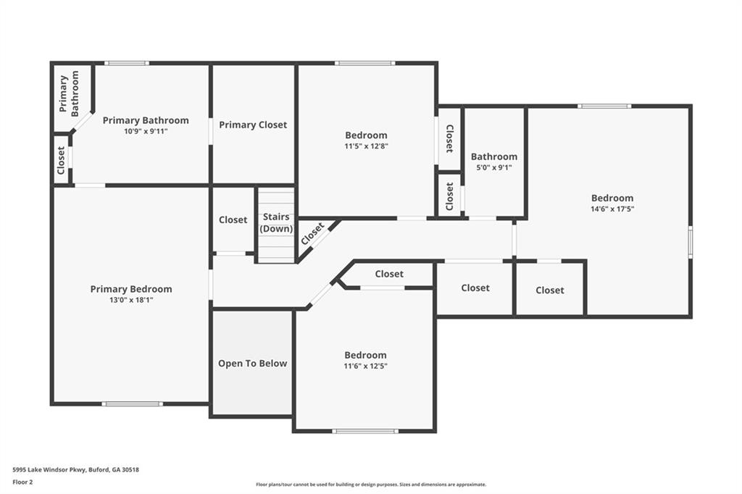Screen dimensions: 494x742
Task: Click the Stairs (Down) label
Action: coord(276,222)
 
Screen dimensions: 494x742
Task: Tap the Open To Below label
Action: coord(253,364)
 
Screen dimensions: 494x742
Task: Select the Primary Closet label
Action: coord(253,125)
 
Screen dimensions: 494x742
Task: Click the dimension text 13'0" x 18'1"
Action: coord(131,300)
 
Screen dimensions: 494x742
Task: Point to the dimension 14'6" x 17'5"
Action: coord(612,209)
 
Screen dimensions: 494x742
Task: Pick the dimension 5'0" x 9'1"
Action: coord(494,167)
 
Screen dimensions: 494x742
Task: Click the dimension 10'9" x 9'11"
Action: coord(146,131)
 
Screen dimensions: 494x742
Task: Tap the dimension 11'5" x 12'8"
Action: coord(366,146)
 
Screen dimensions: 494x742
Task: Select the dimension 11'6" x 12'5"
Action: coord(365,366)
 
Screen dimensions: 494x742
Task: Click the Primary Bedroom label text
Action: coord(131,289)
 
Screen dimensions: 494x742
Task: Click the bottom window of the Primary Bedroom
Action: coord(132,403)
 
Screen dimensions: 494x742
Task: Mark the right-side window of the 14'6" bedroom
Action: coord(690,242)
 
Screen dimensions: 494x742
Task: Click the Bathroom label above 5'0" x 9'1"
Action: coord(494,156)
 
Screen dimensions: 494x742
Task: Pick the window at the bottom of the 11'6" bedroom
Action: coord(364,431)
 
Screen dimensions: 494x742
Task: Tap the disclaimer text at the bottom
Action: coord(370,485)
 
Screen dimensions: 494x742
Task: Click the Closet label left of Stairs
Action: coord(233,219)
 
